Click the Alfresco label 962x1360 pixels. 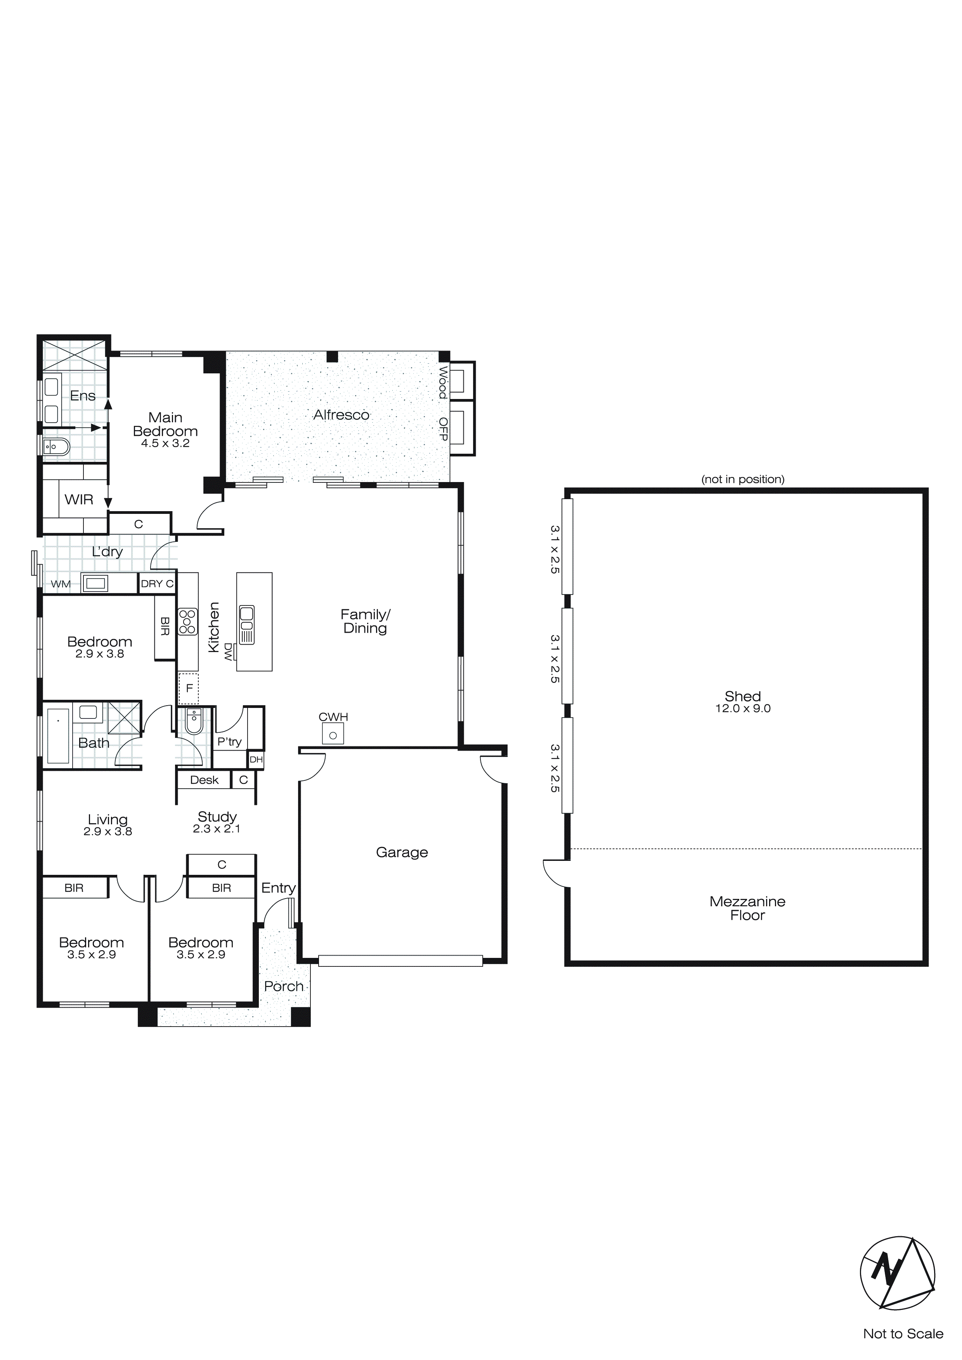(x=341, y=415)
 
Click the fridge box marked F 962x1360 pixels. (x=189, y=688)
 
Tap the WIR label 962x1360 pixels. (x=79, y=500)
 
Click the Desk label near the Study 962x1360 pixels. (x=205, y=780)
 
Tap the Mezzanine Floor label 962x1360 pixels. (x=747, y=908)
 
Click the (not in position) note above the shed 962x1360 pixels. (x=742, y=479)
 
